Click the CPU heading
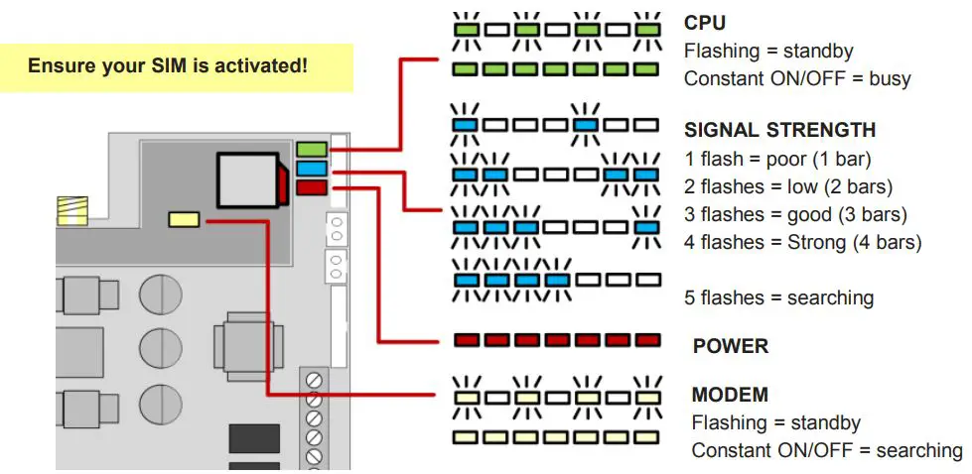pyautogui.click(x=705, y=23)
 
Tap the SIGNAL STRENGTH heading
pyautogui.click(x=779, y=130)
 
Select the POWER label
pyautogui.click(x=730, y=346)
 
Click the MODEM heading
pyautogui.click(x=730, y=395)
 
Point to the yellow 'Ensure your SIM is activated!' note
pyautogui.click(x=168, y=66)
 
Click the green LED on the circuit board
pyautogui.click(x=310, y=150)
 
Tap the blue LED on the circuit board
pyautogui.click(x=310, y=169)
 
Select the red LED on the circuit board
pyautogui.click(x=310, y=186)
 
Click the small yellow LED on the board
pyautogui.click(x=186, y=218)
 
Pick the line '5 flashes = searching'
pyautogui.click(x=778, y=297)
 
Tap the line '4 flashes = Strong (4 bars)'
pyautogui.click(x=802, y=242)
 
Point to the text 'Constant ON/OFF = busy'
pyautogui.click(x=797, y=78)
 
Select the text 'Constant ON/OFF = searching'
pyautogui.click(x=826, y=450)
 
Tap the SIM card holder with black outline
pyautogui.click(x=247, y=180)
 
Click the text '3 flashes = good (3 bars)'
pyautogui.click(x=795, y=214)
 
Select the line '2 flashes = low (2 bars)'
pyautogui.click(x=788, y=186)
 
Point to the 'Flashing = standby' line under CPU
pyautogui.click(x=768, y=51)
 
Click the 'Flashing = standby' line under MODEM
pyautogui.click(x=775, y=422)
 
